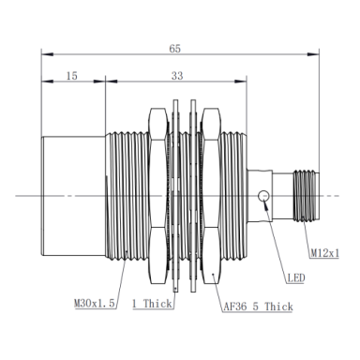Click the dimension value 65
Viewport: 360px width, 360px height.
pos(175,49)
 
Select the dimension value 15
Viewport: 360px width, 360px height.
pos(71,76)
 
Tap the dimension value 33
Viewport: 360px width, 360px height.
pos(177,76)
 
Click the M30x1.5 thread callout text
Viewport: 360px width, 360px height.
pos(95,303)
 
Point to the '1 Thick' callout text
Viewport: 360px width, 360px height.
pos(152,304)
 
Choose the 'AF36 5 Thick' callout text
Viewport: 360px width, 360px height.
pos(258,307)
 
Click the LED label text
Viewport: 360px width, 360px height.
pos(296,277)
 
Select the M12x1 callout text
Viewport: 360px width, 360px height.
pos(324,253)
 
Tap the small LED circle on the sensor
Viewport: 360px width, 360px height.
pos(263,196)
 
